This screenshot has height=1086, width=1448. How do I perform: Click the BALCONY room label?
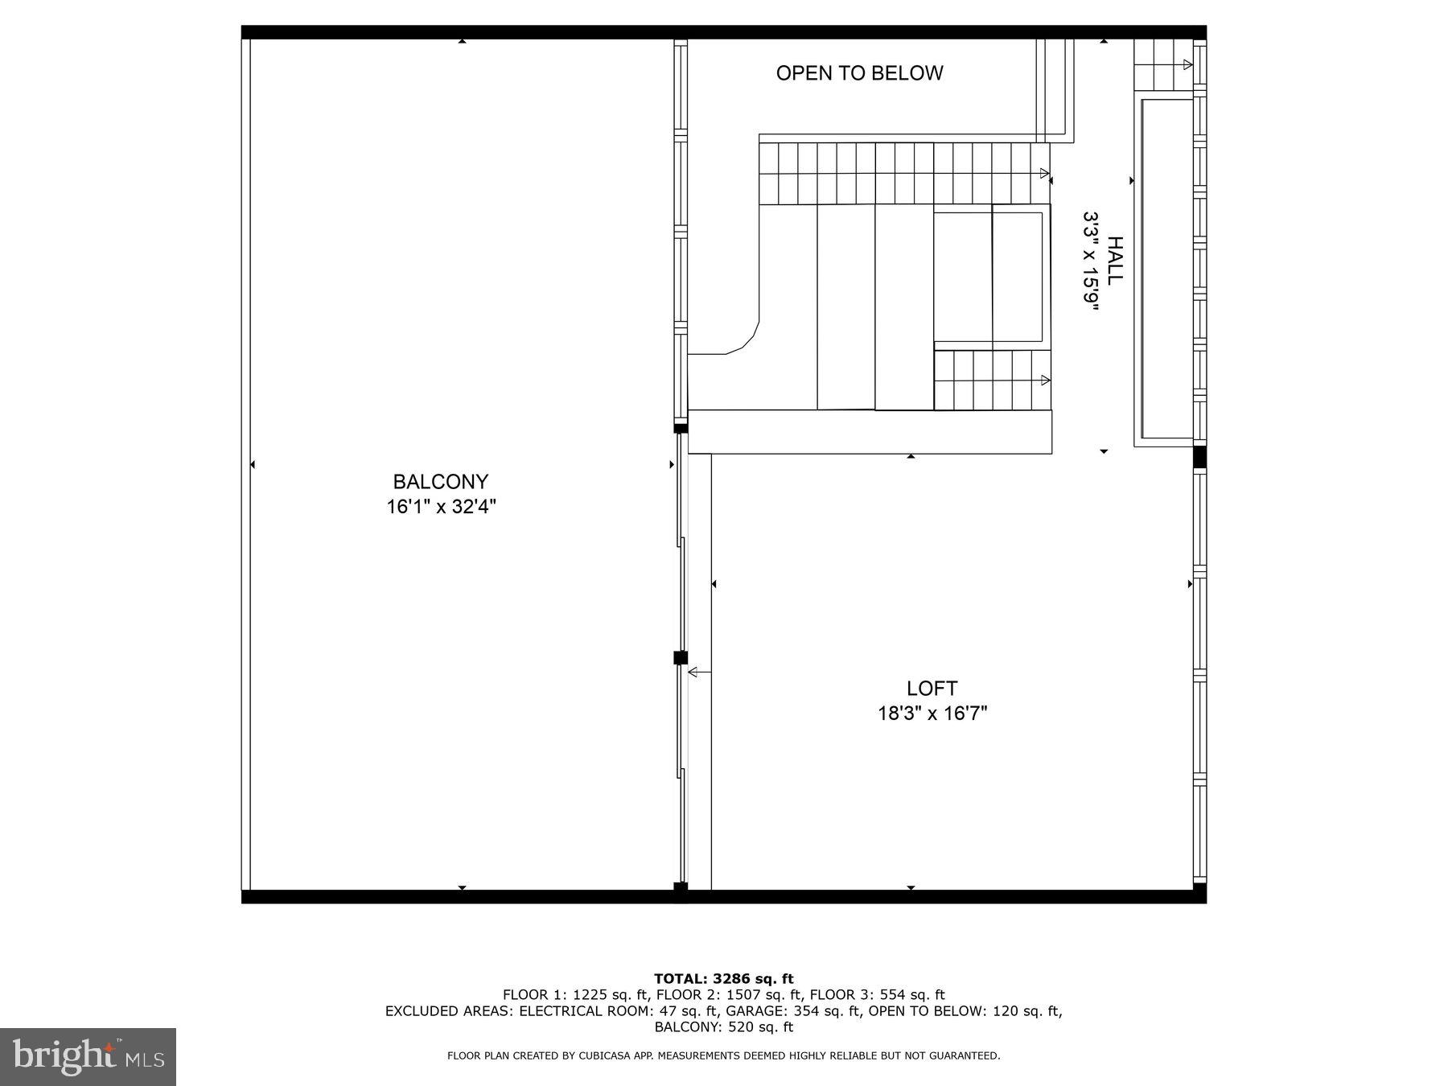[x=440, y=482]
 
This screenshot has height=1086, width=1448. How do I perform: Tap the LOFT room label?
[x=932, y=689]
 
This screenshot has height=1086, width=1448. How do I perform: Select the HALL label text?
[x=1115, y=260]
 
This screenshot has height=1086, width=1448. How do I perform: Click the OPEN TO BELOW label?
[x=859, y=73]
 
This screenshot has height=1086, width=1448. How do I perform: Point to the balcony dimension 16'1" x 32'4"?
[x=441, y=507]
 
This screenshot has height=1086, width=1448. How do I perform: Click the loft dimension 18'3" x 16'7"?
[x=932, y=714]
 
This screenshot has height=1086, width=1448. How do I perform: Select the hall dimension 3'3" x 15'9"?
[x=1090, y=260]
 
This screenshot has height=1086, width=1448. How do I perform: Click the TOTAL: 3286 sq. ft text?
[x=723, y=979]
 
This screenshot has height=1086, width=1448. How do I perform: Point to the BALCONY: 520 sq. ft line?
[x=723, y=1027]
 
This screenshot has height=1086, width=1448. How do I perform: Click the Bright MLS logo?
[x=88, y=1056]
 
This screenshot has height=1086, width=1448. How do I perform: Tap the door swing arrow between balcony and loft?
[x=698, y=672]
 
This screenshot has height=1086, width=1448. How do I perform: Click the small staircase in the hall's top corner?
[x=1162, y=65]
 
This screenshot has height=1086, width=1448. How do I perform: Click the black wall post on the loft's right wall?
[x=1199, y=457]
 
